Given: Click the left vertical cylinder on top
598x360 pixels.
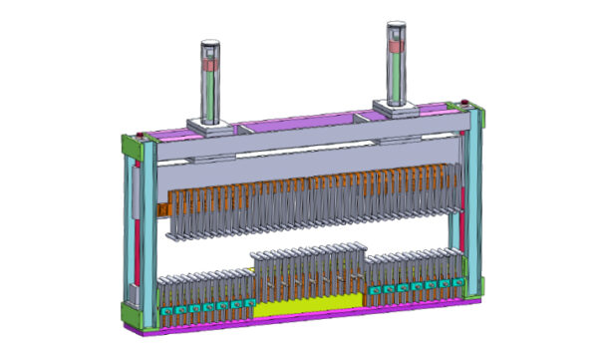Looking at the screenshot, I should pos(211,85).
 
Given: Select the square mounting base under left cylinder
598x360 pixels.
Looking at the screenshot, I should pos(211,127).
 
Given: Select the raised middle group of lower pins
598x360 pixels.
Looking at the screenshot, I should pos(310,271).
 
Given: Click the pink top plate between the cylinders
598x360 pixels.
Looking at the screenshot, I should pos(299,120).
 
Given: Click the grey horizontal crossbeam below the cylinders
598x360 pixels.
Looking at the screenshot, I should pos(299,145).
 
